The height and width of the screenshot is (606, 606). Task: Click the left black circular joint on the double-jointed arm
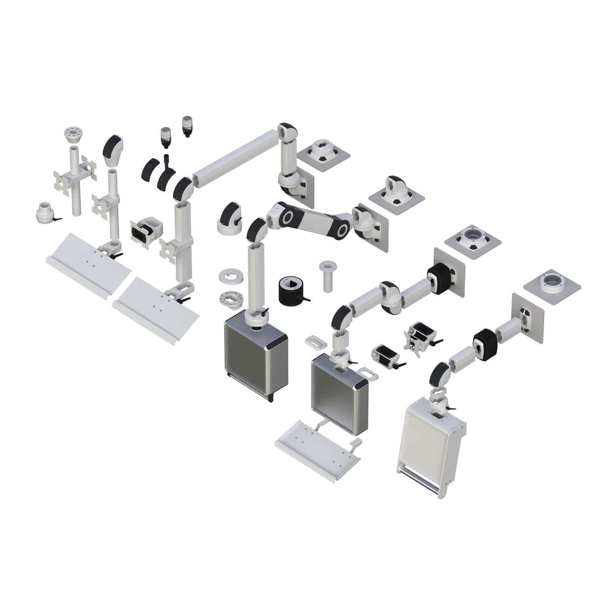(x=288, y=217)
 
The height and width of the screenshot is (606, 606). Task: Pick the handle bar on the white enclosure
(x=420, y=475)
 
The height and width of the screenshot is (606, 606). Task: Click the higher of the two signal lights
(x=187, y=126)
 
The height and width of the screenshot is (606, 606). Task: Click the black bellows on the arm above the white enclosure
(x=483, y=341)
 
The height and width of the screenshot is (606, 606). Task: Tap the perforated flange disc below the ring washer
(x=230, y=300)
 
